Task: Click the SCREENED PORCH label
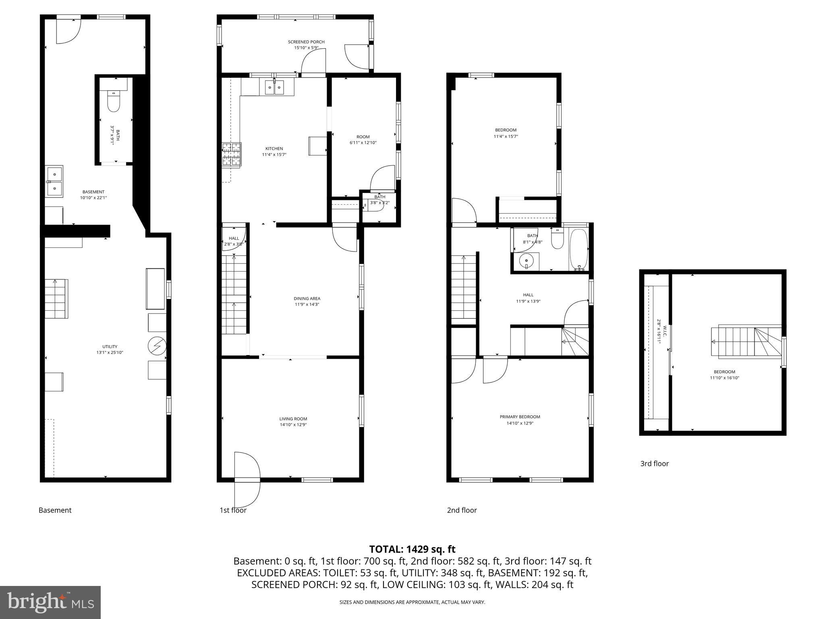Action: [306, 42]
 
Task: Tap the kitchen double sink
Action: [274, 87]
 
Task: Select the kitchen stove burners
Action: [231, 155]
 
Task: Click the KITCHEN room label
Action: [274, 149]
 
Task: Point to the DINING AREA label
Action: [307, 299]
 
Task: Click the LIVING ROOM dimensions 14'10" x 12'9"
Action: [293, 425]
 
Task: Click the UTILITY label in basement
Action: [110, 347]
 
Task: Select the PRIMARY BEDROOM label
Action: [520, 417]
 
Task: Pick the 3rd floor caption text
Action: [654, 463]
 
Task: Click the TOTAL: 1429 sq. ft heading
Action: [412, 549]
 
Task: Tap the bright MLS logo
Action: [50, 602]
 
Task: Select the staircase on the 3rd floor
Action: [745, 342]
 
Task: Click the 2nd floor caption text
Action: [462, 510]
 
